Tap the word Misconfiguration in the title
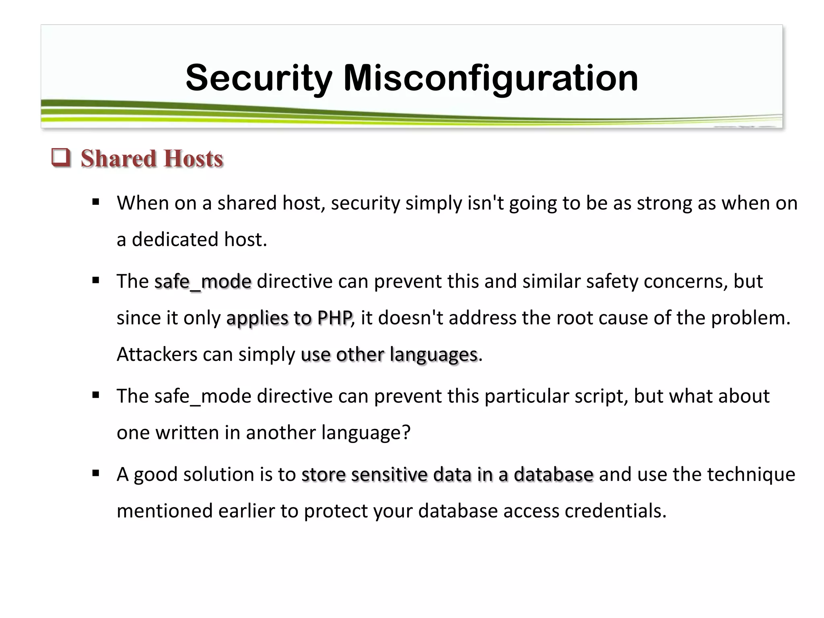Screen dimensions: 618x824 pyautogui.click(x=490, y=78)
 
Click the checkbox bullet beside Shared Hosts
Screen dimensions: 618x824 pyautogui.click(x=61, y=158)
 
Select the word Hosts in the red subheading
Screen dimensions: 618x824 pyautogui.click(x=194, y=158)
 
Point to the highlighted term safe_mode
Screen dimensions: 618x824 pyautogui.click(x=203, y=281)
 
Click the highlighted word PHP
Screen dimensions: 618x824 pyautogui.click(x=334, y=318)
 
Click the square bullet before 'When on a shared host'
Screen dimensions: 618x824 pyautogui.click(x=95, y=202)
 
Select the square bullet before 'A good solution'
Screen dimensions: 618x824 pyautogui.click(x=95, y=474)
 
